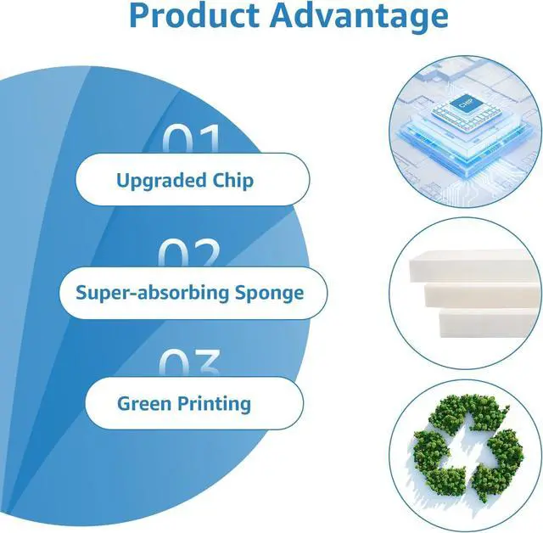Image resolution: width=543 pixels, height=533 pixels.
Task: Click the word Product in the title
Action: pos(194,15)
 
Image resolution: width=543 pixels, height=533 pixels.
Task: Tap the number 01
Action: pos(192,138)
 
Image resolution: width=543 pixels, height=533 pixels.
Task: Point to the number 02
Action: pos(189,252)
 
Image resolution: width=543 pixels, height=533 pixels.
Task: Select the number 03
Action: pos(190,362)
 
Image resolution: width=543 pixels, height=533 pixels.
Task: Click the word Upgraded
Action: pos(161,181)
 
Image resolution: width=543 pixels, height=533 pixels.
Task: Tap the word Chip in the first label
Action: pos(233,181)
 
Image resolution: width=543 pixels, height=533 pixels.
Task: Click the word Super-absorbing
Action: pos(153,293)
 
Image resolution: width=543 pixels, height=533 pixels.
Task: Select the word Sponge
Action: pos(270,294)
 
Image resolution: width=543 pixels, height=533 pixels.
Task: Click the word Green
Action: pos(144,404)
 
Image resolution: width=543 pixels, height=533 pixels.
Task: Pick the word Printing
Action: pos(215,405)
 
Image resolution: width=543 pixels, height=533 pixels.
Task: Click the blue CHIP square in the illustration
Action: pos(465,103)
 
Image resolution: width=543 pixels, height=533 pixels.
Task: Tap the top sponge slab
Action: pos(475,266)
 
